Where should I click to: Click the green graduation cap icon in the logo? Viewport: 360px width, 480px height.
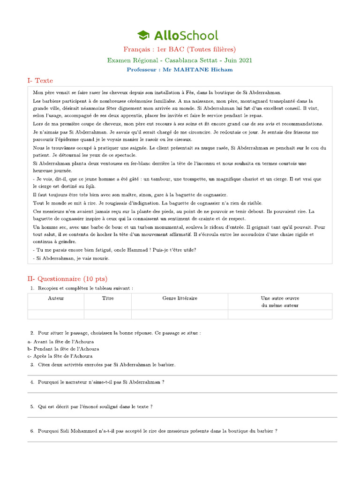143,35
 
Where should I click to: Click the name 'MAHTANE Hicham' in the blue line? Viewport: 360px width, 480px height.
203,69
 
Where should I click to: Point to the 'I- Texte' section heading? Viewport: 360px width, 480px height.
40,81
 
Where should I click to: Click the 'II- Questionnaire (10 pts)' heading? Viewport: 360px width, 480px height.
67,279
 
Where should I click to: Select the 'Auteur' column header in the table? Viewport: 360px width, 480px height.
56,298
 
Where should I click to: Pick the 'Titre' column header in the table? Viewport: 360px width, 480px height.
108,298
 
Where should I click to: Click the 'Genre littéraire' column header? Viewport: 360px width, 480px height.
180,298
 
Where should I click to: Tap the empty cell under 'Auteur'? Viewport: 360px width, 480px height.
56,314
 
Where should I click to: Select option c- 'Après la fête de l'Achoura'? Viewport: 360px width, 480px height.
60,356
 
